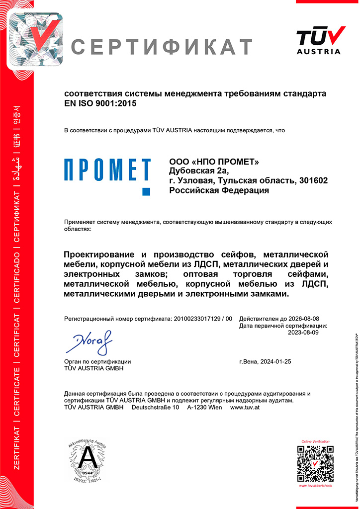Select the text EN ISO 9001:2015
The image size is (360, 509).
pos(100,103)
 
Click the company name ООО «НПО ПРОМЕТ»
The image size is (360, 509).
pos(214,162)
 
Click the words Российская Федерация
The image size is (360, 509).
pos(219,190)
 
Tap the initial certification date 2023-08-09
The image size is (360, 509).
pos(303,333)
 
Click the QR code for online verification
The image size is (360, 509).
pos(315,463)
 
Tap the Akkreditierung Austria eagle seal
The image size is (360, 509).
pos(88,462)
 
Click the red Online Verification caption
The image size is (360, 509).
pos(315,441)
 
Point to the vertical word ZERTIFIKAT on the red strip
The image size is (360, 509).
pos(17,458)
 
